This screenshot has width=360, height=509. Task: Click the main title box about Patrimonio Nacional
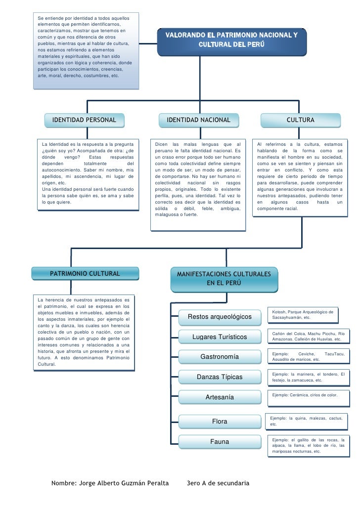pyautogui.click(x=231, y=42)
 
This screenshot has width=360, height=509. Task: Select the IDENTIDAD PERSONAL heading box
pyautogui.click(x=84, y=120)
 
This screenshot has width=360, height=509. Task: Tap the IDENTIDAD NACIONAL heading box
pyautogui.click(x=198, y=120)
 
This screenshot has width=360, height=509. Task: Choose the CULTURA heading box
pyautogui.click(x=301, y=120)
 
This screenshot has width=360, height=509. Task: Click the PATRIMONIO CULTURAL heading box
pyautogui.click(x=85, y=274)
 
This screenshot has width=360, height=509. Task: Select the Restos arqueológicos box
pyautogui.click(x=220, y=317)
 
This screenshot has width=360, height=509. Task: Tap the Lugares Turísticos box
pyautogui.click(x=220, y=337)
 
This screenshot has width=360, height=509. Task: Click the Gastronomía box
pyautogui.click(x=220, y=357)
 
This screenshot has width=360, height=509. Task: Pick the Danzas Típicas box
pyautogui.click(x=220, y=377)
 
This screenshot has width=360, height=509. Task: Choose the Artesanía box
pyautogui.click(x=220, y=397)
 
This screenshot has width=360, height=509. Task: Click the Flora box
pyautogui.click(x=220, y=422)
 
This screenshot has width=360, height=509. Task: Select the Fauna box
pyautogui.click(x=220, y=442)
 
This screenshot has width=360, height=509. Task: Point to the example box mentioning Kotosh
pyautogui.click(x=303, y=315)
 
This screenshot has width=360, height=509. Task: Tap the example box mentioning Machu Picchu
pyautogui.click(x=309, y=337)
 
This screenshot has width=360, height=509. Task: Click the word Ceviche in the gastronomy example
pyautogui.click(x=307, y=354)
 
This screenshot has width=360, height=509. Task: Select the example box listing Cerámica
pyautogui.click(x=309, y=399)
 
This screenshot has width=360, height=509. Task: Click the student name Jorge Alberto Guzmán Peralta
pyautogui.click(x=124, y=483)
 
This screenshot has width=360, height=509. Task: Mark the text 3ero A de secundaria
pyautogui.click(x=218, y=483)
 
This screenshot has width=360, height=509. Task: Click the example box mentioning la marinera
pyautogui.click(x=309, y=378)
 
